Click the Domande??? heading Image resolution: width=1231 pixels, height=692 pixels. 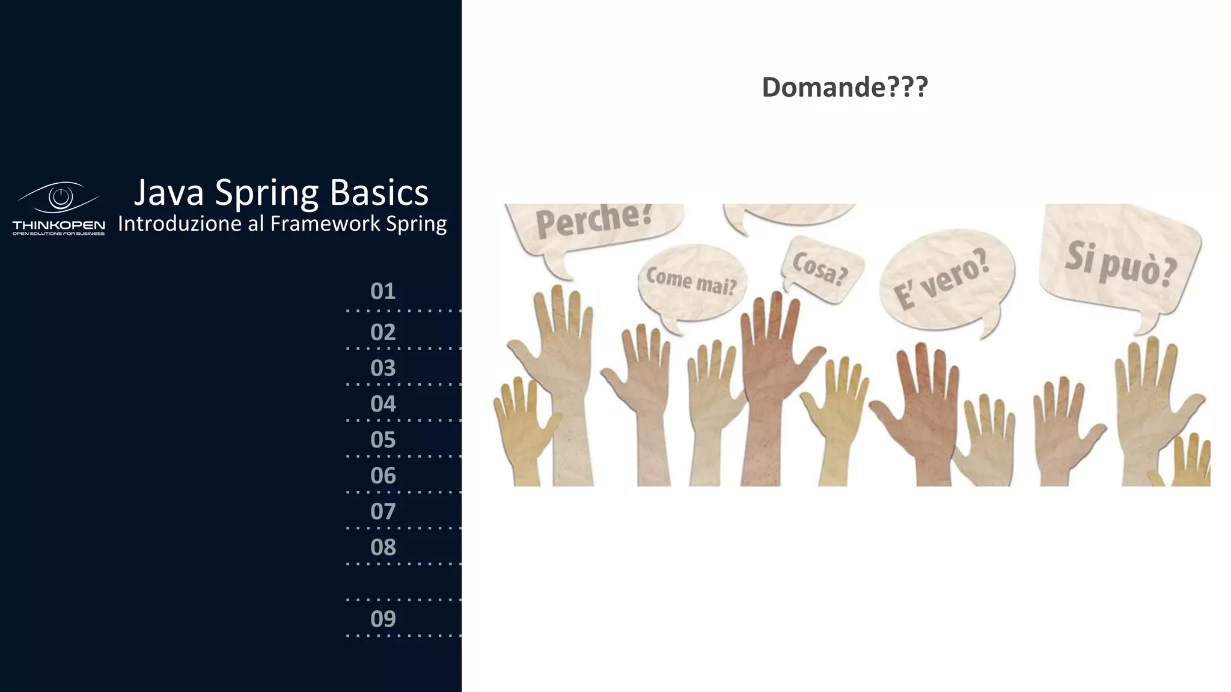pyautogui.click(x=845, y=87)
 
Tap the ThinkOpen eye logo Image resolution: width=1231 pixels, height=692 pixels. pyautogui.click(x=60, y=197)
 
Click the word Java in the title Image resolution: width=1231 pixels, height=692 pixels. pyautogui.click(x=168, y=193)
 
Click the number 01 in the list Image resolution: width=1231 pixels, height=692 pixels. pyautogui.click(x=383, y=291)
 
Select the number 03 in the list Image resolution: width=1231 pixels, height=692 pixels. pyautogui.click(x=383, y=368)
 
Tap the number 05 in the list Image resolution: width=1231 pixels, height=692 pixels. pyautogui.click(x=383, y=440)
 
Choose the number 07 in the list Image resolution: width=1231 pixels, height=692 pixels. pyautogui.click(x=383, y=512)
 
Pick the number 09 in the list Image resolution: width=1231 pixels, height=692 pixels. pyautogui.click(x=383, y=619)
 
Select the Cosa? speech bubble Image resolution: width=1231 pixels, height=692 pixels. pyautogui.click(x=820, y=267)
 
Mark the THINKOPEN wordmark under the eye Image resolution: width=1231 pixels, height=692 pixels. pyautogui.click(x=59, y=225)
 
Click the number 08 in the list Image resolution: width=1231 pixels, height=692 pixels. pyautogui.click(x=383, y=548)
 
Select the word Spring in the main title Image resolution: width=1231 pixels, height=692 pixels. pyautogui.click(x=266, y=194)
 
